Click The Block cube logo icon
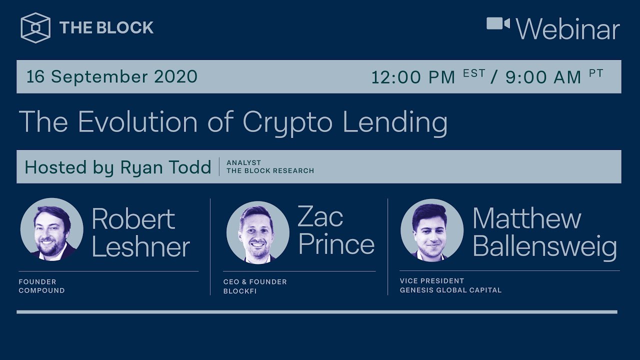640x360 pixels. point(35,28)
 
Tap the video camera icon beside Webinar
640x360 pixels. point(498,23)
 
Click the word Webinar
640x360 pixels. point(568,29)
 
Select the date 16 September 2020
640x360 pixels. point(112,76)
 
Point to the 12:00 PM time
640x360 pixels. point(413,77)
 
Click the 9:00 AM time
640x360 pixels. point(543,77)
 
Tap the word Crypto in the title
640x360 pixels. point(287,121)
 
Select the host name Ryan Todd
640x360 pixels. point(165,167)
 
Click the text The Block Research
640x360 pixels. point(270,171)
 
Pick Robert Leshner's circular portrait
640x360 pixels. point(52,230)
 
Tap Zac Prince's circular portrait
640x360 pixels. point(257,232)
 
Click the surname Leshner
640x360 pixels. point(141,246)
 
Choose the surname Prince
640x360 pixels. point(336,244)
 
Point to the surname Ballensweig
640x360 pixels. point(544,247)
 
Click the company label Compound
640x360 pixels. point(41,290)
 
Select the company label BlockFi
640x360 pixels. point(240,291)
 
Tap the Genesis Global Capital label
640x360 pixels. point(450,290)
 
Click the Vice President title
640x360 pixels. point(432,281)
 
